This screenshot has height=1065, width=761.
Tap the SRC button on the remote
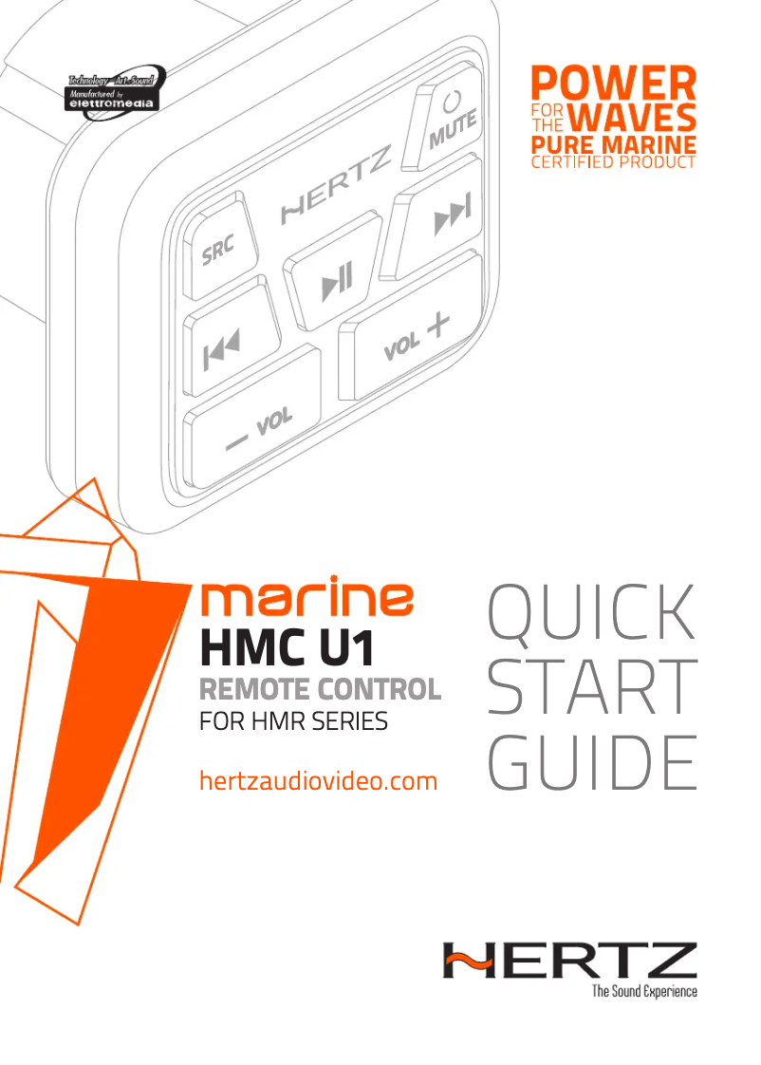click(x=217, y=243)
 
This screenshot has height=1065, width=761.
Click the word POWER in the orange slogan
click(x=611, y=83)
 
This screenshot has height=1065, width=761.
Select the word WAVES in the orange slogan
click(x=637, y=120)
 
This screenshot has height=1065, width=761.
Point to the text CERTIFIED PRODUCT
click(x=611, y=162)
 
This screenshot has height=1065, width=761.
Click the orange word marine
click(x=306, y=601)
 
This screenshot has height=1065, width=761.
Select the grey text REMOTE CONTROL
click(x=319, y=689)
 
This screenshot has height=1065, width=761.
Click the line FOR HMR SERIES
click(x=293, y=721)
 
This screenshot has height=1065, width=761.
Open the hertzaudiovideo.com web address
click(x=318, y=781)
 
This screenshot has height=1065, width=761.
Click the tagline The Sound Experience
click(x=643, y=991)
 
